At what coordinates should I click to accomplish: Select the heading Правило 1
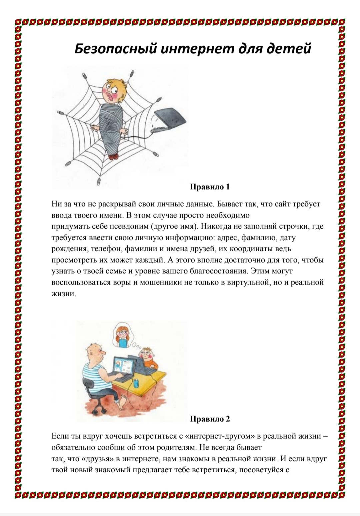coord(210,187)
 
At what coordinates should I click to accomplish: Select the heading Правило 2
coord(210,419)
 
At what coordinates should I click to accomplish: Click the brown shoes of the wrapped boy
coord(113,156)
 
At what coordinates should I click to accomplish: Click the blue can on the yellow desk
coord(136,383)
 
